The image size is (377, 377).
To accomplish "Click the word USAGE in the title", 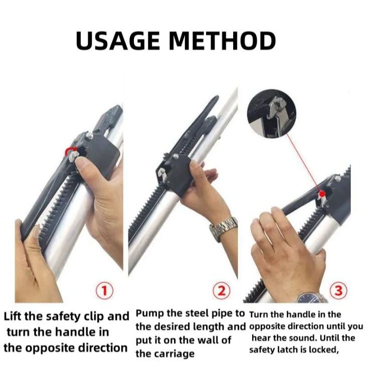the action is pyautogui.click(x=118, y=41).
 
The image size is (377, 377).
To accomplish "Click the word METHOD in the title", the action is pyautogui.click(x=222, y=41).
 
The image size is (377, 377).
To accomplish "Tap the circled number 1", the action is pyautogui.click(x=105, y=291).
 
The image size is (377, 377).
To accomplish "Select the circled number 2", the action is pyautogui.click(x=222, y=291).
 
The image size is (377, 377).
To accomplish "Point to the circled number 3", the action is pyautogui.click(x=338, y=291).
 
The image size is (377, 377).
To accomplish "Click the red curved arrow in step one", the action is pyautogui.click(x=70, y=150).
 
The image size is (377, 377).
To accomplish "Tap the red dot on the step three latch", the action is pyautogui.click(x=322, y=194).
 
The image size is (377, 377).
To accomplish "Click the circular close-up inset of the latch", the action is pyautogui.click(x=272, y=113).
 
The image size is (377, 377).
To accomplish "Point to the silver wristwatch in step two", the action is pyautogui.click(x=223, y=229).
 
